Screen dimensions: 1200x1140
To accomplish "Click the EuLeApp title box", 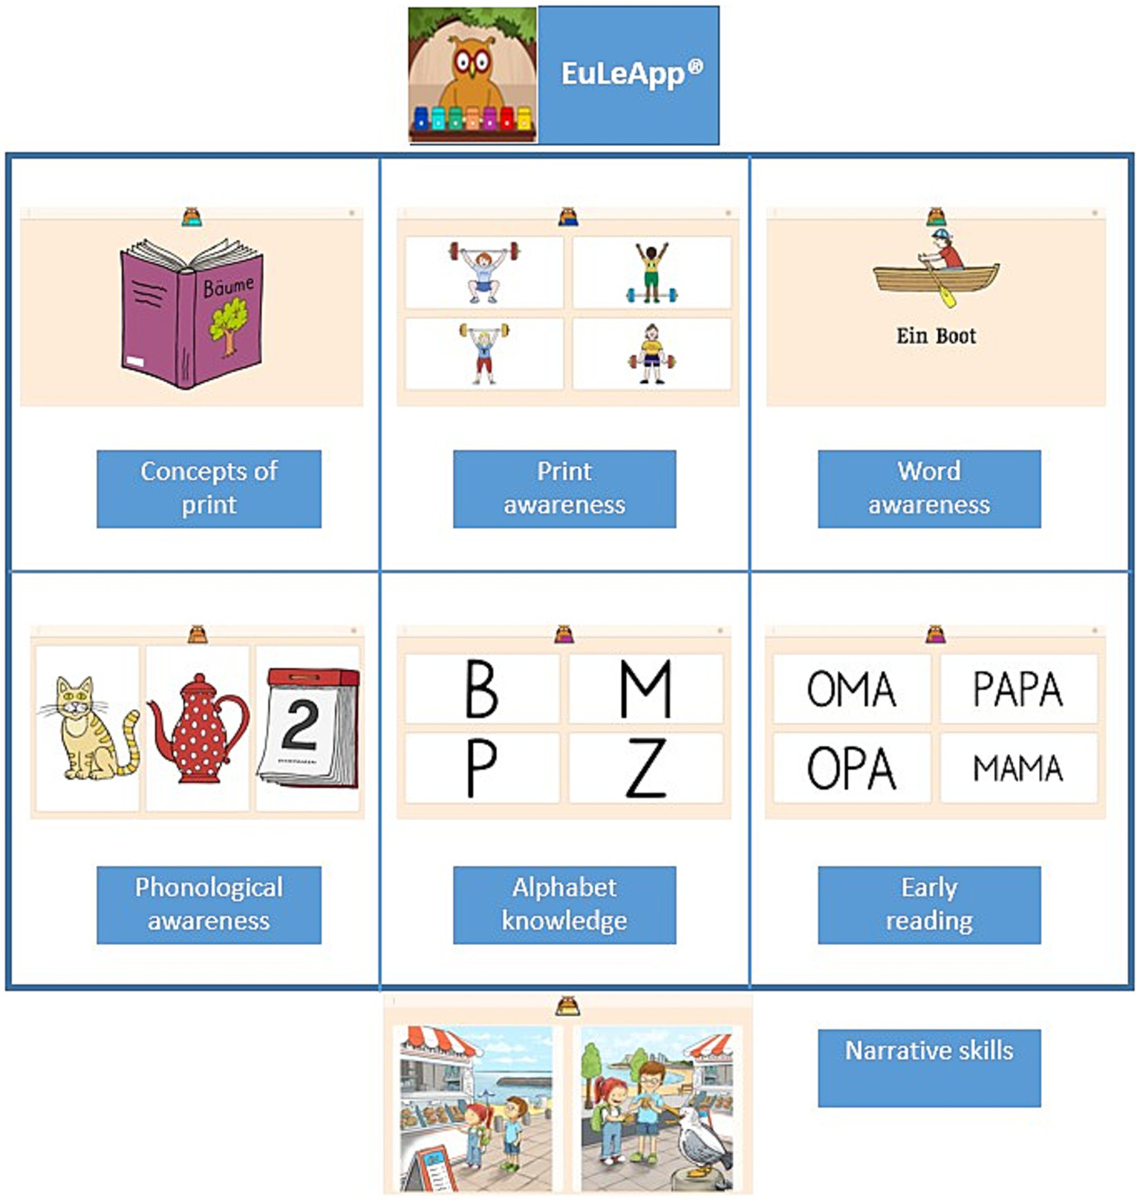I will point(628,75).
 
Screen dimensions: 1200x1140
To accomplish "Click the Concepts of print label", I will point(209,488).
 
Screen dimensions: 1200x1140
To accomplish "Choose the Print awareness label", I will point(564,488).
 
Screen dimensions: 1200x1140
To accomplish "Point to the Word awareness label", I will point(929,488).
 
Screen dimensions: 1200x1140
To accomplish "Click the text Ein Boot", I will point(936,336).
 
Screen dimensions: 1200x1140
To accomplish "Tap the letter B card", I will point(481,689).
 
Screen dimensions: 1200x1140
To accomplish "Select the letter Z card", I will point(645,768).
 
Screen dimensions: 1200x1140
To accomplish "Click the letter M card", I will point(645,689).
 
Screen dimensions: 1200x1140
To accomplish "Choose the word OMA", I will point(851,689).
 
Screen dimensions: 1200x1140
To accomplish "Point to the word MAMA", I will point(1018,768).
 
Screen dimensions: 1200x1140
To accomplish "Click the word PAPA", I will point(1018,689).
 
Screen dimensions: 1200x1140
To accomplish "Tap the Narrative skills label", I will point(929,1066).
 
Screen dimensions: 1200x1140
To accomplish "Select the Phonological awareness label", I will point(209,904).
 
